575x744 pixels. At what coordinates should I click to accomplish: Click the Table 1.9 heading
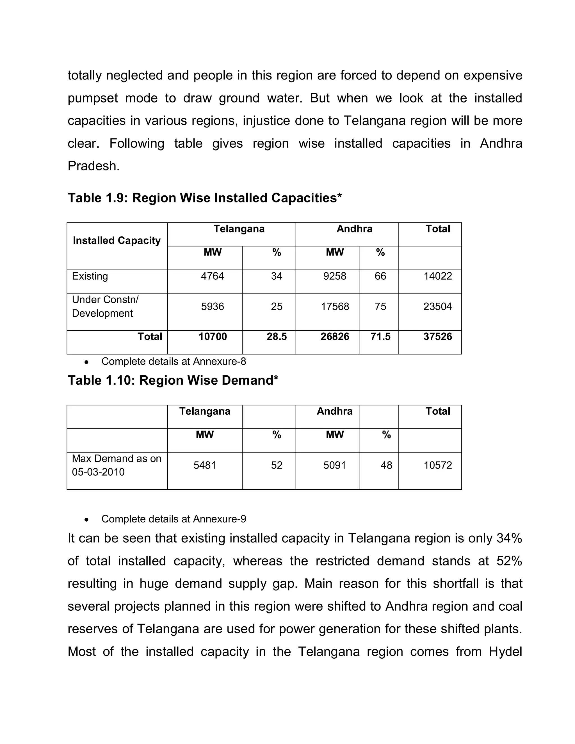pos(205,198)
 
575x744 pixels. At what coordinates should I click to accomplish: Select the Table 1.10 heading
pos(173,380)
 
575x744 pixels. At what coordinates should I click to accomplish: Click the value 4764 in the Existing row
pos(212,276)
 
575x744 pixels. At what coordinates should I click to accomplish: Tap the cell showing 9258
pos(334,276)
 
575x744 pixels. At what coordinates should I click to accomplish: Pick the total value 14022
pos(437,276)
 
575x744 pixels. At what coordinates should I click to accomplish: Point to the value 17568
pos(334,307)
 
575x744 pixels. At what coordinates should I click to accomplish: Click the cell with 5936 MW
pos(212,307)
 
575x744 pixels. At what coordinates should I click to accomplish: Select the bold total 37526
pos(437,337)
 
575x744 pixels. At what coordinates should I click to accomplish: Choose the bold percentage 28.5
pos(276,337)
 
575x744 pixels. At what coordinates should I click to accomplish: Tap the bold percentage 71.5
pos(380,337)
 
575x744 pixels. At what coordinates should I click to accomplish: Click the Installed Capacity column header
pos(117,241)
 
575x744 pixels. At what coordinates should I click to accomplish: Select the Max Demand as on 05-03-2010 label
pos(116,465)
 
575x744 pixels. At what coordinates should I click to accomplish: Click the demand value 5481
pos(205,465)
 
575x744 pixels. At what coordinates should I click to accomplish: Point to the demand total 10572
pos(437,465)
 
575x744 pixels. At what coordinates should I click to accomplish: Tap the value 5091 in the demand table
pos(334,465)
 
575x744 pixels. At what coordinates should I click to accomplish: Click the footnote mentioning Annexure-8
pos(174,361)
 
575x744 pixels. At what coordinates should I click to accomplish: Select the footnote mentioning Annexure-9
pos(174,519)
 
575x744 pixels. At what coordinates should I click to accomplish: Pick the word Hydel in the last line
pos(505,652)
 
